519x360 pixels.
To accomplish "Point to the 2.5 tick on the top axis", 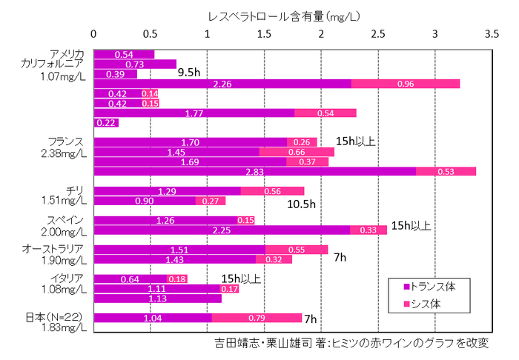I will coord(378,33).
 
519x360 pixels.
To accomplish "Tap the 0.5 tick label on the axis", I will coord(151,33).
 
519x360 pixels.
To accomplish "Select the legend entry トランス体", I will coord(428,285).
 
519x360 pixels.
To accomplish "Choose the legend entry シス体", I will coord(422,304).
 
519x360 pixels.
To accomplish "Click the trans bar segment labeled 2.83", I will coord(254,172).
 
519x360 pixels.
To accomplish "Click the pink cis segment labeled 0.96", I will coord(406,84).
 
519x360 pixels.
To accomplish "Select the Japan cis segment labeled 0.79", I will coord(257,318).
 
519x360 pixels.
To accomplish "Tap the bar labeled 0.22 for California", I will coord(106,123).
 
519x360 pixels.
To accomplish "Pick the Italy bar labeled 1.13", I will coord(157,299).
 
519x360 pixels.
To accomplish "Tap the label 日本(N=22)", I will coord(56,317).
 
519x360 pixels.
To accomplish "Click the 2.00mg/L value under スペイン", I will coord(63,231).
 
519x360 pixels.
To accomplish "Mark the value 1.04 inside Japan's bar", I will coord(152,318).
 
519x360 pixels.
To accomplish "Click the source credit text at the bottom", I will coord(352,344).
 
